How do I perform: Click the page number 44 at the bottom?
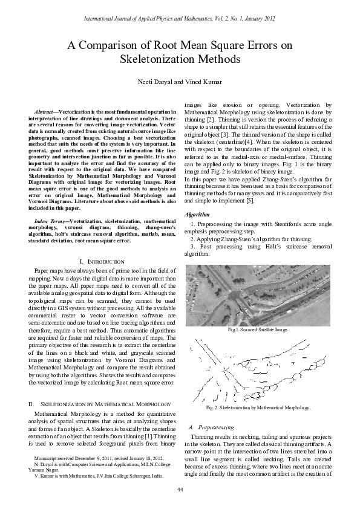point(180,488)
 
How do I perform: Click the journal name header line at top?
point(180,19)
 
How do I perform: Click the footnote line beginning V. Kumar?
point(98,476)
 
